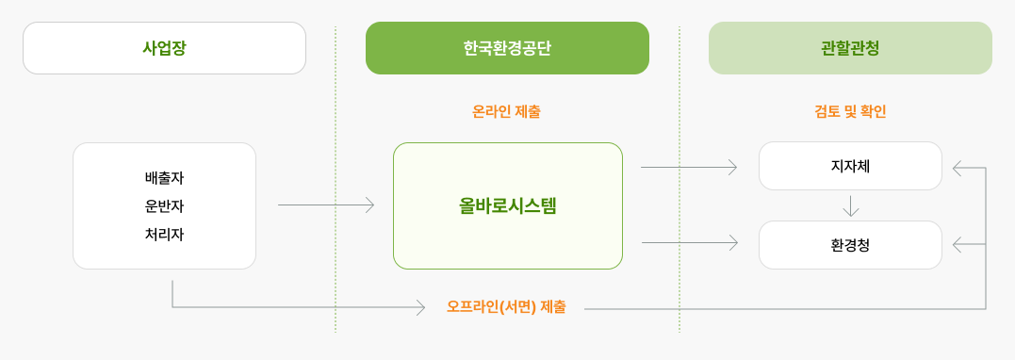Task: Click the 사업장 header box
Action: click(164, 48)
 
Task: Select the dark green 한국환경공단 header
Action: click(507, 48)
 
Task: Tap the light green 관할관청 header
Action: click(850, 48)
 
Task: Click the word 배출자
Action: click(164, 177)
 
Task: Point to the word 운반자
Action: click(164, 205)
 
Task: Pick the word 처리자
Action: click(164, 235)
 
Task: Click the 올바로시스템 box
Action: click(507, 205)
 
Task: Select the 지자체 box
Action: click(850, 166)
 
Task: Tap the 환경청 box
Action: click(850, 245)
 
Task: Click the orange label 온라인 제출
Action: click(506, 111)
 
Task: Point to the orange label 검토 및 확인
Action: click(850, 111)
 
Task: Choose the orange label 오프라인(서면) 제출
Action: click(506, 307)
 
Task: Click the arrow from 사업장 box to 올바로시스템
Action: click(326, 205)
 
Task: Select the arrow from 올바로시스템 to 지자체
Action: click(689, 167)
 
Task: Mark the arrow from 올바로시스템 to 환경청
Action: click(689, 243)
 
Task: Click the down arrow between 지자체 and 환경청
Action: click(851, 205)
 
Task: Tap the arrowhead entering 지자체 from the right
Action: click(958, 168)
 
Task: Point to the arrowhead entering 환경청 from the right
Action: click(958, 245)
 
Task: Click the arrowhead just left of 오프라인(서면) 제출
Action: click(420, 307)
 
